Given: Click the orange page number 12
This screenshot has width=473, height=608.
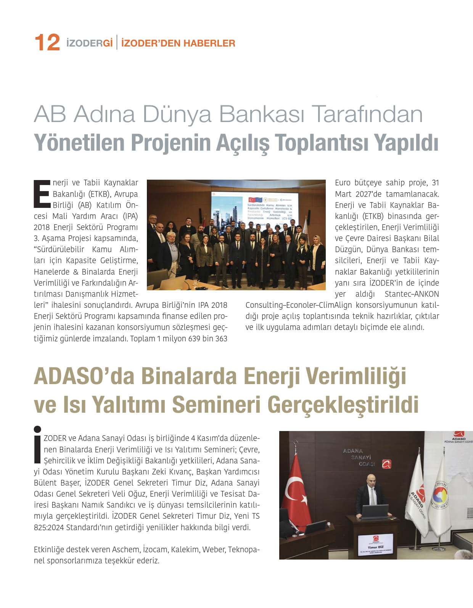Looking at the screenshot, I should [47, 42].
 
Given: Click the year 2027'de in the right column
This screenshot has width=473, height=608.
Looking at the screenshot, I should [368, 194].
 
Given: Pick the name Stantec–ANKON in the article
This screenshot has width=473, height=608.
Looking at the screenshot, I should [412, 294].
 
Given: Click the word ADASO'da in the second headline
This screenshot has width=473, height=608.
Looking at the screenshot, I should [84, 376].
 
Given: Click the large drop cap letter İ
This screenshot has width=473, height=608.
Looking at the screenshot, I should [37, 444].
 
